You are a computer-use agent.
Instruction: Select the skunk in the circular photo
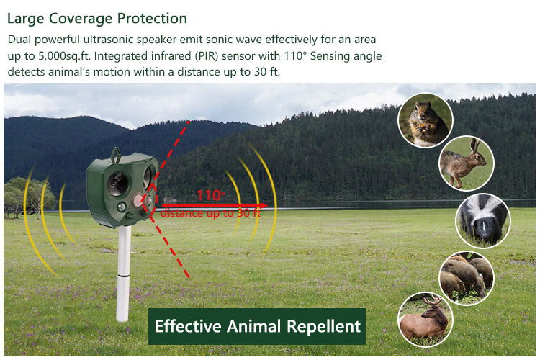click(483, 221)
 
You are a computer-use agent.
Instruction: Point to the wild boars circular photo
click(467, 278)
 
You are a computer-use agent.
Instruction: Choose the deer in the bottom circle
click(426, 320)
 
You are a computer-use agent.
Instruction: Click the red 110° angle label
click(210, 195)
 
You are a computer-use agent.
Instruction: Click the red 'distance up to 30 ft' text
click(210, 213)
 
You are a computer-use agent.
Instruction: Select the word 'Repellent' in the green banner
click(323, 327)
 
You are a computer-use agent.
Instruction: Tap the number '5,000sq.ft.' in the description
click(64, 56)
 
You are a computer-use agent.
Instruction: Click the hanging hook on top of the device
click(116, 155)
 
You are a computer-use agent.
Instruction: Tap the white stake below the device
click(123, 274)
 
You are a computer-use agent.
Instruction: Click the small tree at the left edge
click(30, 197)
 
